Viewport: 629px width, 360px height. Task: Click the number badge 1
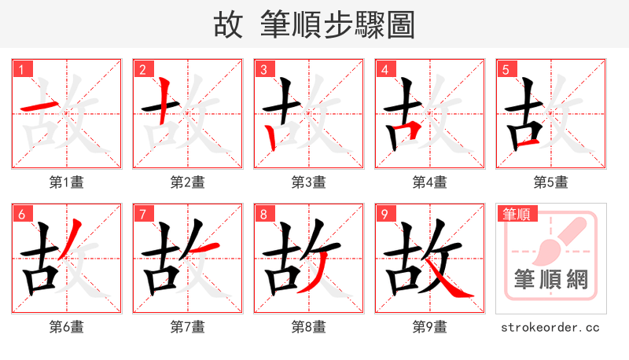[21, 69]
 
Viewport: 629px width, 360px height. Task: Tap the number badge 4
[384, 69]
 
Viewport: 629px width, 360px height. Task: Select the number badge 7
[142, 214]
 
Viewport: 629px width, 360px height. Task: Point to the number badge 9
[384, 214]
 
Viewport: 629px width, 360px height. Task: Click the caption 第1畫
[67, 182]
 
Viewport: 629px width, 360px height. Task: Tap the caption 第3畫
[309, 182]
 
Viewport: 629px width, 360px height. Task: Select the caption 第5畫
[551, 182]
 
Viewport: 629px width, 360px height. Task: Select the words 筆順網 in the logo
[551, 279]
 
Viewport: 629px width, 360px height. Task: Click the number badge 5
[506, 69]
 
